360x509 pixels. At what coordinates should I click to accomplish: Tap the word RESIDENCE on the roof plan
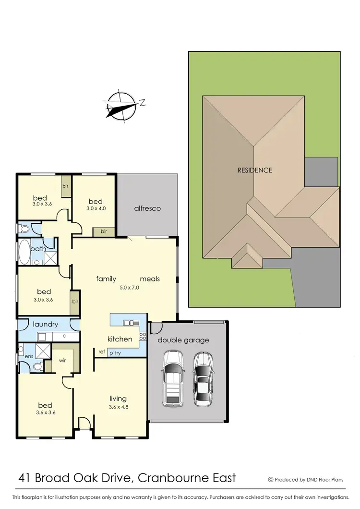[x=255, y=170]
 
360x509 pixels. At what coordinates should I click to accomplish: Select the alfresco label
[x=147, y=208]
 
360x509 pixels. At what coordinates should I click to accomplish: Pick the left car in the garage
[x=173, y=379]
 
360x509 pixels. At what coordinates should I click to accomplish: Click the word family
[x=107, y=279]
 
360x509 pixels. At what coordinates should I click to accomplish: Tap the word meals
[x=150, y=279]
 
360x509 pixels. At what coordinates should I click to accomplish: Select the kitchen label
[x=120, y=339]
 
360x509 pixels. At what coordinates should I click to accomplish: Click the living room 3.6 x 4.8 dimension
[x=118, y=407]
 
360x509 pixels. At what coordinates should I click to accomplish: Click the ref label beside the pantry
[x=102, y=351]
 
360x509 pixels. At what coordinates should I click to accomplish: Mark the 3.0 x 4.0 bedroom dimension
[x=95, y=208]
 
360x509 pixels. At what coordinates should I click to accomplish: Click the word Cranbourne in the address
[x=169, y=478]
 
